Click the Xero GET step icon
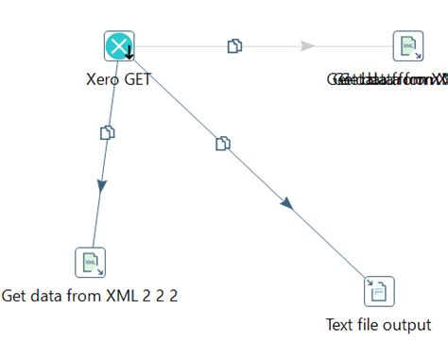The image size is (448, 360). pyautogui.click(x=119, y=45)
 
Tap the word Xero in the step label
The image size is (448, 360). pyautogui.click(x=102, y=79)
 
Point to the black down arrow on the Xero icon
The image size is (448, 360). pyautogui.click(x=129, y=52)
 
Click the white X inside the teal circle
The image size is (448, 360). pyautogui.click(x=117, y=44)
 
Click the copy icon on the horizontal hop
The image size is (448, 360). pyautogui.click(x=234, y=45)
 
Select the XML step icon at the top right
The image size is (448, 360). pyautogui.click(x=408, y=45)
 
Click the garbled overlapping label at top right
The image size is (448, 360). pyautogui.click(x=388, y=79)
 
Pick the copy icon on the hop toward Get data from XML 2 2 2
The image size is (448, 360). pyautogui.click(x=108, y=132)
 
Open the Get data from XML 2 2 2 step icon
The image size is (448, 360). pyautogui.click(x=90, y=263)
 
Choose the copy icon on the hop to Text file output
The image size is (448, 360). pyautogui.click(x=223, y=144)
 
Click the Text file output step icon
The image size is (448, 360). pyautogui.click(x=379, y=291)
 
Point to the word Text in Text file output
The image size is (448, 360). pyautogui.click(x=340, y=325)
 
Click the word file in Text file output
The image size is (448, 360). pyautogui.click(x=370, y=325)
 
